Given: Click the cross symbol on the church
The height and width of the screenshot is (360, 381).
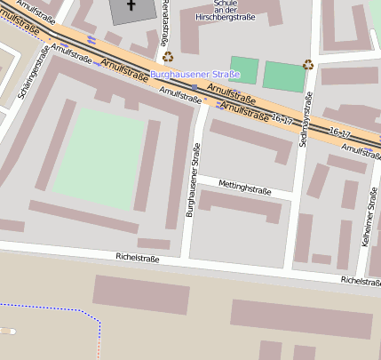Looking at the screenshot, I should coord(131,4).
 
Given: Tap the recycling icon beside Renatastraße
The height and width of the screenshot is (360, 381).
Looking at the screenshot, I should coord(168,57).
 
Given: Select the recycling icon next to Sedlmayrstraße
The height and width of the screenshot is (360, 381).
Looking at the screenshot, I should coord(308,64).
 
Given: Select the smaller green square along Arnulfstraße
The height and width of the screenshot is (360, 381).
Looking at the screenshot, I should coord(243,70).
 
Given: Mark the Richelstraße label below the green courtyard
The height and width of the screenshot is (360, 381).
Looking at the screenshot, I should coord(138,258).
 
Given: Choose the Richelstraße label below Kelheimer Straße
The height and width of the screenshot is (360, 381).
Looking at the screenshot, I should coord(361,281).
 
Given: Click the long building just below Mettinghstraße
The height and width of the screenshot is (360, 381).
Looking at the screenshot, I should coord(242,206).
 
